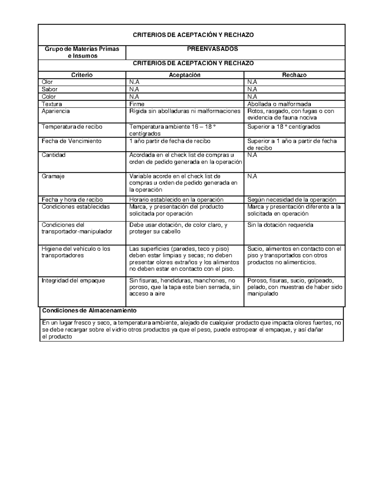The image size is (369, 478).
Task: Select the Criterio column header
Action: [x=82, y=75]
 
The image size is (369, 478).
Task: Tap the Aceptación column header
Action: [x=184, y=75]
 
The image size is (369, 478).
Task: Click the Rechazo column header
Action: [x=294, y=75]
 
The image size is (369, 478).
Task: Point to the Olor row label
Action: [x=47, y=82]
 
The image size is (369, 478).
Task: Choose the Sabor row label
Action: [x=50, y=89]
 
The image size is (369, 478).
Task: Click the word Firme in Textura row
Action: [x=137, y=104]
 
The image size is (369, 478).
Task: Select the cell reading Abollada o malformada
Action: [x=279, y=104]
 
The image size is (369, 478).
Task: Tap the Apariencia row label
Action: [x=56, y=111]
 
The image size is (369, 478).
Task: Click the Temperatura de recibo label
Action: [x=72, y=127]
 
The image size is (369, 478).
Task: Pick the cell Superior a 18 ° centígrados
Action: [x=284, y=127]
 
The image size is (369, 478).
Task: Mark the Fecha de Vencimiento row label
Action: [x=71, y=141]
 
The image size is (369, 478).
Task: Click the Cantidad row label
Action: [x=54, y=155]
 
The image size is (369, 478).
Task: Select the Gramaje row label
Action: [x=53, y=176]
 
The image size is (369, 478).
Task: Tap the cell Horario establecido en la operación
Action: [x=176, y=200]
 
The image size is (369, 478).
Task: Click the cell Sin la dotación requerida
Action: [x=280, y=225]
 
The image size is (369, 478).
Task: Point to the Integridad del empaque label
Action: [x=73, y=280]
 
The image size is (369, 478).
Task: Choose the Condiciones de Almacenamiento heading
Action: [x=89, y=311]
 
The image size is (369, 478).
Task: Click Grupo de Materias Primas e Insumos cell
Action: [x=82, y=52]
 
